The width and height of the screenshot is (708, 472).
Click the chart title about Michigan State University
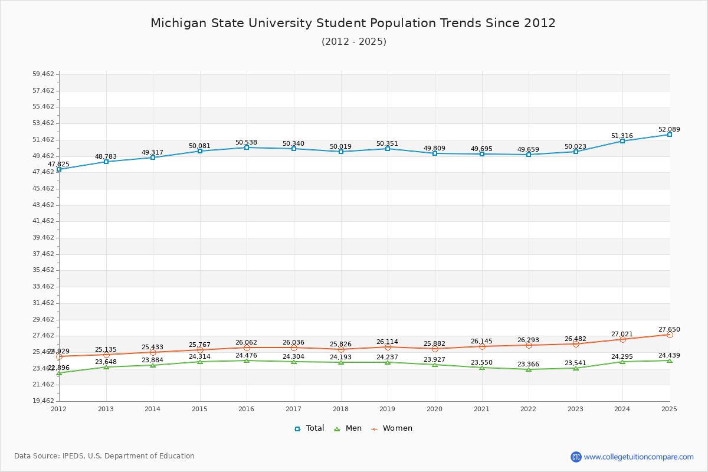coord(353,23)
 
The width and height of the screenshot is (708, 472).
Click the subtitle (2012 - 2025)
coord(354,41)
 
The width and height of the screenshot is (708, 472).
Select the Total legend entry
coord(309,428)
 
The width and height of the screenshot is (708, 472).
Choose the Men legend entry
coord(348,428)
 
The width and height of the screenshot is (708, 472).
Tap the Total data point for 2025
coord(670,135)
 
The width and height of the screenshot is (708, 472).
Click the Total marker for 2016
coord(247,147)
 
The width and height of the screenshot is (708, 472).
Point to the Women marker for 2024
coord(622,339)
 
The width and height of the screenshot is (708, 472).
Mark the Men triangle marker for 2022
coord(529,369)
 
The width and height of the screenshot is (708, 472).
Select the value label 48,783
coord(106,156)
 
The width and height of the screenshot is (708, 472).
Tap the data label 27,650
coord(669,329)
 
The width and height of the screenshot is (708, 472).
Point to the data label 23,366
coord(529,364)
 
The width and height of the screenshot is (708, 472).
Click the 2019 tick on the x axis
coord(388,409)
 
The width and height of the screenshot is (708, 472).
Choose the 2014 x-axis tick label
coord(153,409)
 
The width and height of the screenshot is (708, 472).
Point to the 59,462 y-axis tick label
coord(43,74)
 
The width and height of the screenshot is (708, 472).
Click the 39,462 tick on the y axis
coord(43,238)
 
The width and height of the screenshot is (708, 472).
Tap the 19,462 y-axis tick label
coord(43,401)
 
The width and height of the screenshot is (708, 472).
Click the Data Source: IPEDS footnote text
coord(104,456)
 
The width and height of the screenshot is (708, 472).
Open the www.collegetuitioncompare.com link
coord(638,457)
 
